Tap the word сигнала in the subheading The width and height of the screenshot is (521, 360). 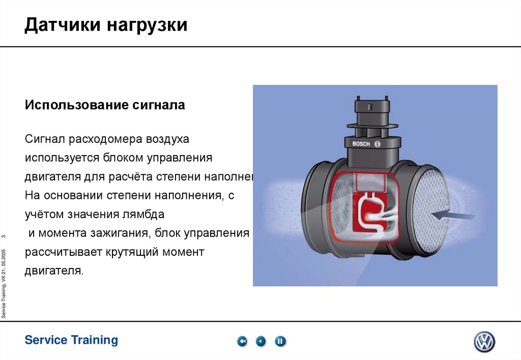[x=158, y=106]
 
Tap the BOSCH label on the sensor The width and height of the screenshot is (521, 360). [x=363, y=144]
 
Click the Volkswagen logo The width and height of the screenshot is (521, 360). [x=484, y=342]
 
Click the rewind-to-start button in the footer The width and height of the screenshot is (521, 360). [x=242, y=341]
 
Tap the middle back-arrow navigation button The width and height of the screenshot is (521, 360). [x=261, y=341]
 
